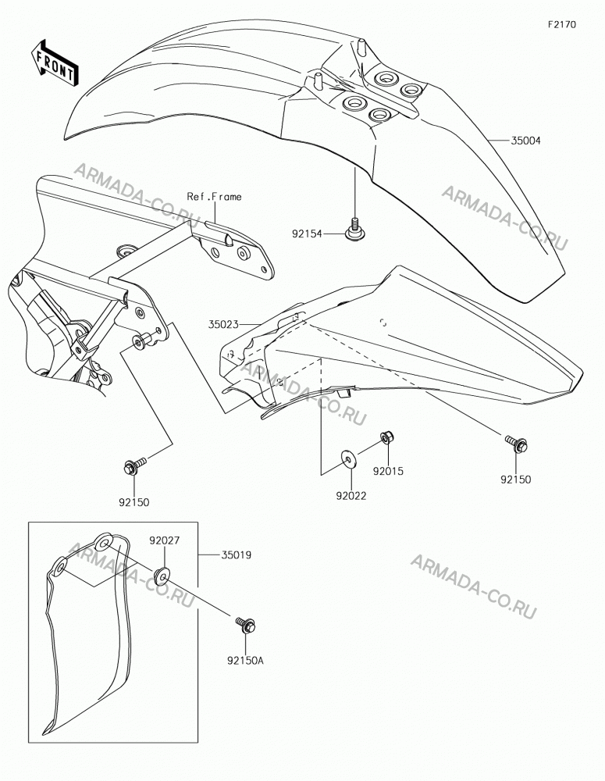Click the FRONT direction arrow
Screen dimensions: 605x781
tap(53, 62)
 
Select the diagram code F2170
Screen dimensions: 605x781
tap(562, 24)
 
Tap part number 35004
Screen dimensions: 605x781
tap(525, 141)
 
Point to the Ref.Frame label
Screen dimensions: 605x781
tap(214, 197)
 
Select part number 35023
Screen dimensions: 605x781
tap(223, 325)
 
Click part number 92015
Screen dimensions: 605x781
tap(389, 471)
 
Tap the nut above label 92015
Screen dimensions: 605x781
tap(386, 437)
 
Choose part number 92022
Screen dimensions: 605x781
tap(351, 496)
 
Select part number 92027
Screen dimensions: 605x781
tap(164, 540)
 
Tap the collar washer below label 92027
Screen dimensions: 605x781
tap(162, 575)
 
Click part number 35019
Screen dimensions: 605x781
tap(236, 555)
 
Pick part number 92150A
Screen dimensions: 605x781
tap(245, 661)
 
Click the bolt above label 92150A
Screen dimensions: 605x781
tap(244, 625)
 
